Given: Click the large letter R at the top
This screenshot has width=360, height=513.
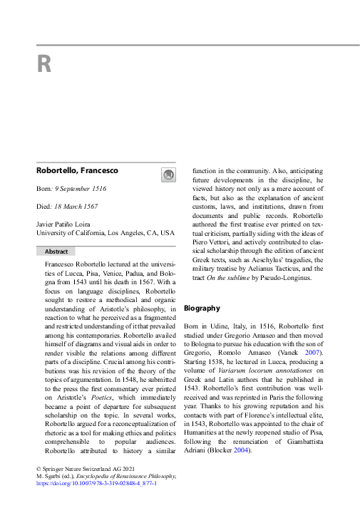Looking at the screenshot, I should click(x=44, y=65).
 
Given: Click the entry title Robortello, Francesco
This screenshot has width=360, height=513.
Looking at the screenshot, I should click(x=77, y=171).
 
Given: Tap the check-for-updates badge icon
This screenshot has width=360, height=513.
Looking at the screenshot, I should click(x=167, y=174).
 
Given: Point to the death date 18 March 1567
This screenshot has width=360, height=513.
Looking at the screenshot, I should click(x=78, y=207).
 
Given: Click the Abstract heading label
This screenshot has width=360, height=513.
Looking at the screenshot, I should click(x=56, y=252).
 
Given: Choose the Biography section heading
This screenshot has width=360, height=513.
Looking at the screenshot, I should click(x=202, y=309).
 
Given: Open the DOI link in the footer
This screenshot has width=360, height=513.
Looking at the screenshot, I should click(x=96, y=483).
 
